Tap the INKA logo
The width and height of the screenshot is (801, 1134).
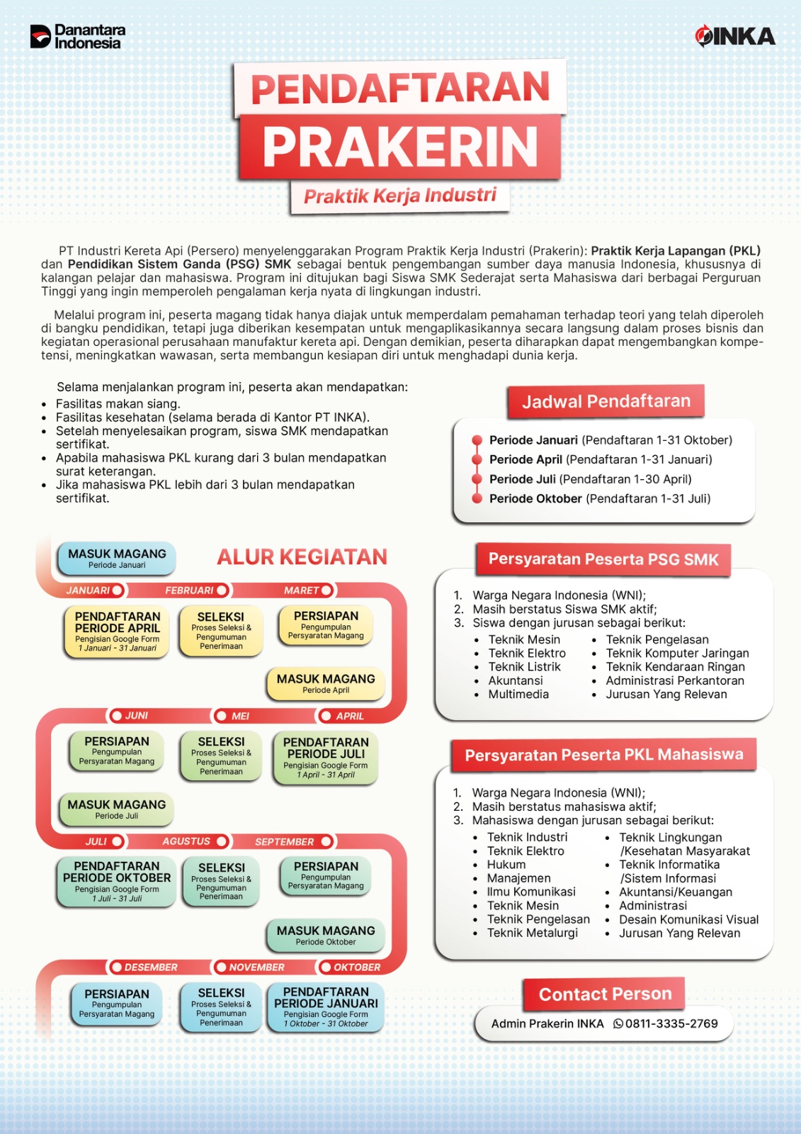pos(734,36)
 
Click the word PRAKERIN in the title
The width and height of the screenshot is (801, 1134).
pos(400,147)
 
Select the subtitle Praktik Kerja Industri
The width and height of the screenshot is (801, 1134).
pos(400,196)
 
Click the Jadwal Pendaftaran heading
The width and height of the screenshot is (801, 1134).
pos(606,402)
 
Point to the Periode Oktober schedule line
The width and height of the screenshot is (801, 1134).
pos(599,499)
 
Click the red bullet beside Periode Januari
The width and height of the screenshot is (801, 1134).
pos(477,440)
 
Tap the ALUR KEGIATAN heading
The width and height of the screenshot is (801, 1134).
pos(302,557)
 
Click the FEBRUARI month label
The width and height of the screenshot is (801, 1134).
pos(189,590)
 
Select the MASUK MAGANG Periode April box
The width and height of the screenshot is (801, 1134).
pos(326,683)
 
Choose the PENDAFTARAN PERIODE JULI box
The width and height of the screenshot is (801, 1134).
pos(326,758)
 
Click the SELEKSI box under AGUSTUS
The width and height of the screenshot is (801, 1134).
pos(221,881)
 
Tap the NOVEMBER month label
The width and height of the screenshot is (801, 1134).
pos(256,967)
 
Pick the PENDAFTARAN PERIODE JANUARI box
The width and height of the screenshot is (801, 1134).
pos(326,1007)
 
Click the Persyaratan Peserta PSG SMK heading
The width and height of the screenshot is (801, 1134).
pos(603,560)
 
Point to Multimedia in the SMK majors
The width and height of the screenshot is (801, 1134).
pos(518,695)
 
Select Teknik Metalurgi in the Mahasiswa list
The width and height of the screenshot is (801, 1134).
pos(532,933)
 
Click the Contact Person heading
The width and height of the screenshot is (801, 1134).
pos(605,994)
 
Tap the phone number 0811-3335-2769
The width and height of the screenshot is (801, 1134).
pos(671,1024)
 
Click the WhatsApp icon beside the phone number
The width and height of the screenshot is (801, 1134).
pos(618,1024)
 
